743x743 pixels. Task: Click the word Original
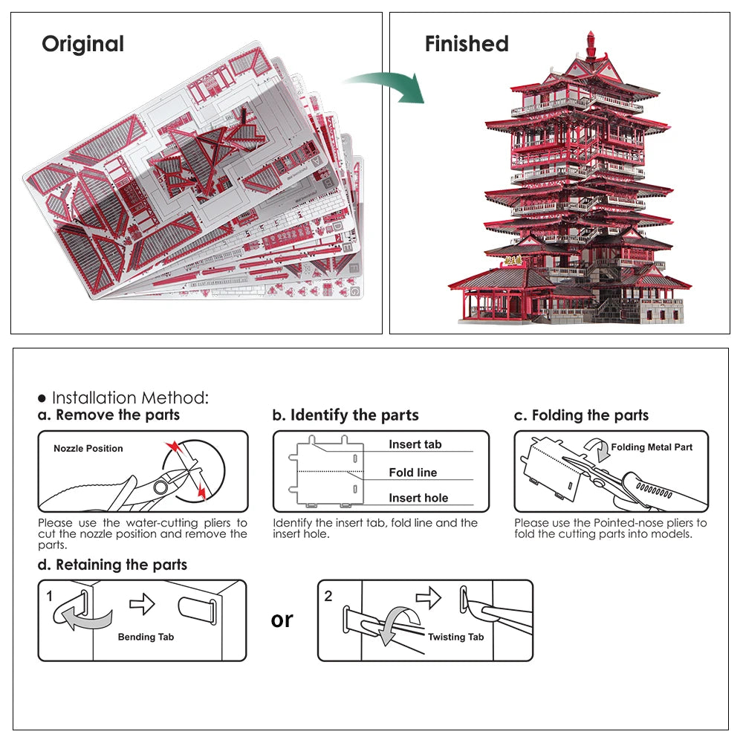tap(82, 44)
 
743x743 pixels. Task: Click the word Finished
tap(467, 44)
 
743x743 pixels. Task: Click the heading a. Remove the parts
tap(108, 415)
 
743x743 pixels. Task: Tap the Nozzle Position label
tap(88, 448)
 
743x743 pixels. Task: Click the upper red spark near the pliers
tap(173, 447)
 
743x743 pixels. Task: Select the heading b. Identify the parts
tap(345, 415)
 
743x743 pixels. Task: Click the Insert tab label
tap(415, 444)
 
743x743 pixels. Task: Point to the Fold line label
tap(412, 473)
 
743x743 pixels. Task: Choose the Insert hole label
tap(418, 498)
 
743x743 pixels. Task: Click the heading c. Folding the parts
tap(581, 415)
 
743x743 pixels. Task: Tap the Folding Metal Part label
tap(652, 447)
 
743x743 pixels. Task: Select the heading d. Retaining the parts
tap(112, 565)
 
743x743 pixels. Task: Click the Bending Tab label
tap(146, 637)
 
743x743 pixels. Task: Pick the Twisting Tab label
tap(455, 637)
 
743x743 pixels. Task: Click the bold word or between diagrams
tap(282, 620)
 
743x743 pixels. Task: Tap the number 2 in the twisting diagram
tap(328, 595)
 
